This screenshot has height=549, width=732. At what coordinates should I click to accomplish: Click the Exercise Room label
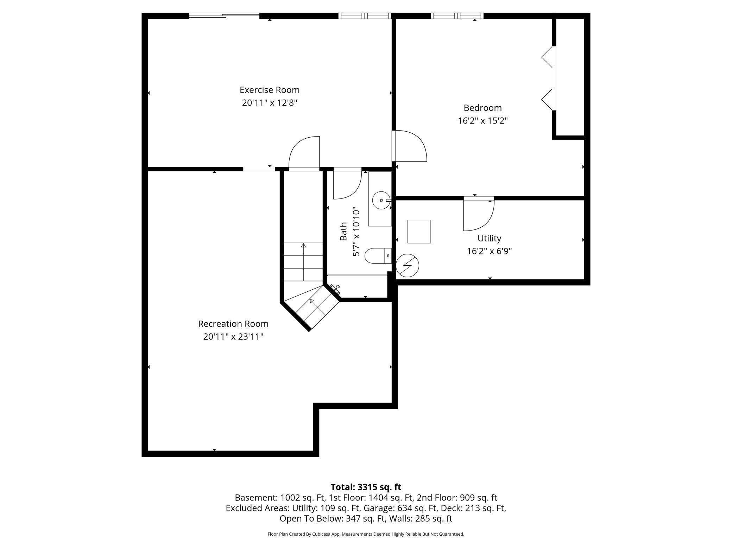pos(270,90)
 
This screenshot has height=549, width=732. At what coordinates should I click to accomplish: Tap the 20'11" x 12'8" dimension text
pos(270,103)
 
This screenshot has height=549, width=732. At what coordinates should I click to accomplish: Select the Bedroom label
pos(482,108)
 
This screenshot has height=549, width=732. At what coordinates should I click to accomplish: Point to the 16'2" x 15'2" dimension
pos(482,121)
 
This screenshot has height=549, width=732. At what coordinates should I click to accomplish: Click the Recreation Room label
pos(233,324)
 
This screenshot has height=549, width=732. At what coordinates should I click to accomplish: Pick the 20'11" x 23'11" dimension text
pos(233,337)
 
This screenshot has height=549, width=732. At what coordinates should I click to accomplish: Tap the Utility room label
pos(489,239)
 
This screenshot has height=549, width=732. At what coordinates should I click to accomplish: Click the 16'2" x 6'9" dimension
pos(489,251)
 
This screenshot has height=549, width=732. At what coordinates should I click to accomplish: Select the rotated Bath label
pos(343,232)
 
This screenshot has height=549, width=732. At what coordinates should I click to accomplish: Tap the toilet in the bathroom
pos(378,256)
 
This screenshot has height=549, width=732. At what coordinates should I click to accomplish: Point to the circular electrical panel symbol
pos(408,265)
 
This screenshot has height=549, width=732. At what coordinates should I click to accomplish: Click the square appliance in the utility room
pos(419,232)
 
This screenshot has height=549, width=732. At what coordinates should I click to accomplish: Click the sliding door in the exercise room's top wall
pos(224,15)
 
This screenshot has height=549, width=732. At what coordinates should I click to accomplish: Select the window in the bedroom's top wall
pos(457,16)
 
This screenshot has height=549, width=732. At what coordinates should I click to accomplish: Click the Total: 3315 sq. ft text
pos(366,487)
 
